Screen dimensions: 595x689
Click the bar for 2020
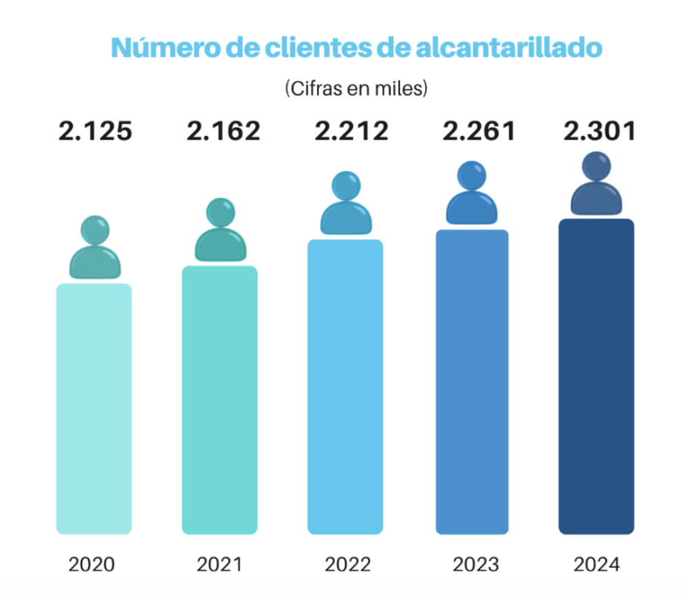click(94, 408)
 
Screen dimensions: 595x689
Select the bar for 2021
click(220, 399)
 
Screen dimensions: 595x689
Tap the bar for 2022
click(345, 386)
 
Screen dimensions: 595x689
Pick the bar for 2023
click(471, 382)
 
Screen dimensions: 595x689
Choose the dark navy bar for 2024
click(597, 376)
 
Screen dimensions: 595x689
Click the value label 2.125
click(95, 131)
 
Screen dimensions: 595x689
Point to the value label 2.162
click(223, 131)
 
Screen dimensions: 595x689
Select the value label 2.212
click(351, 131)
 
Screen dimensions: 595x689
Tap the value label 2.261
click(479, 131)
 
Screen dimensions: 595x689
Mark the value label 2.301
click(598, 131)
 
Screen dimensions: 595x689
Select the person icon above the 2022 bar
click(346, 205)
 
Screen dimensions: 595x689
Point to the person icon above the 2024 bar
click(597, 185)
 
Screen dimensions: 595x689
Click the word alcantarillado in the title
click(510, 48)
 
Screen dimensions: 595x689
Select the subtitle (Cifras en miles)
click(356, 89)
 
